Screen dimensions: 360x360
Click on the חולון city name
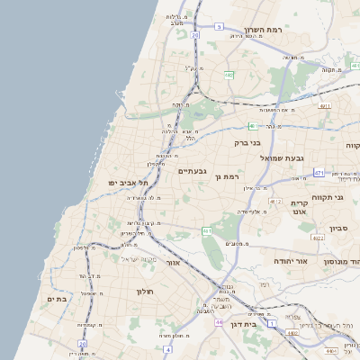click(146, 292)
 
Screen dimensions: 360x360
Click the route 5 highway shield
click(219, 27)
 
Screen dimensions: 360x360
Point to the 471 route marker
click(319, 172)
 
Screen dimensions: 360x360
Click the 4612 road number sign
click(275, 202)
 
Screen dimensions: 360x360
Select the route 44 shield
click(219, 321)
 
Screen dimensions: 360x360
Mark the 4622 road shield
click(317, 238)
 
